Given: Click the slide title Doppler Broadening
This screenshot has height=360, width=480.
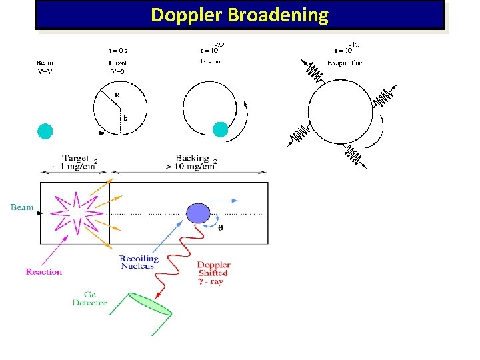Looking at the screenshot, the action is (x=239, y=15).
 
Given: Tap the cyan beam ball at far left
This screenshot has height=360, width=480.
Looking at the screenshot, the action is (x=45, y=131).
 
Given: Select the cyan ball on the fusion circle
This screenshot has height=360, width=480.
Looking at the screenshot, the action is (x=220, y=131).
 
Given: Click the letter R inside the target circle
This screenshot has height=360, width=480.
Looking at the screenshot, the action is (x=117, y=95).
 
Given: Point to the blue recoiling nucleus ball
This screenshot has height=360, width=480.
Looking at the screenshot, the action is (x=197, y=213).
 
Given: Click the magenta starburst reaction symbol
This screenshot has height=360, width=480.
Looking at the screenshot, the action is (x=72, y=213).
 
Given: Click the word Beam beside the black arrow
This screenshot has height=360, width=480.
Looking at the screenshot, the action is (x=22, y=207).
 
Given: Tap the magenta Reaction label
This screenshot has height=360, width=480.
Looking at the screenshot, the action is (x=44, y=271).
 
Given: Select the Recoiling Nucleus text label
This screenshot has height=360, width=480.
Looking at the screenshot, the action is (x=139, y=262).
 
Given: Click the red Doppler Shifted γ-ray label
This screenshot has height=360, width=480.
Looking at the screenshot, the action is (x=213, y=273).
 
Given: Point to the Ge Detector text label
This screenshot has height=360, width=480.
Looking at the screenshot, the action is (x=90, y=298).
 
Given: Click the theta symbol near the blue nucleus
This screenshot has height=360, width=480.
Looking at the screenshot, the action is (x=221, y=227).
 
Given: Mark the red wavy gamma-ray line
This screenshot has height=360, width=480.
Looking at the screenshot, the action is (x=177, y=260).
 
